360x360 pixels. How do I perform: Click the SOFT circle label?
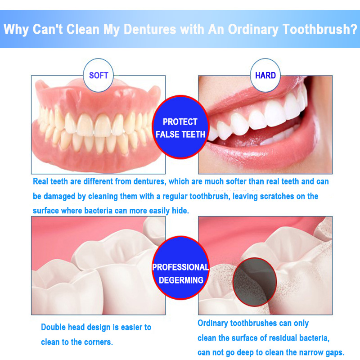click(x=98, y=75)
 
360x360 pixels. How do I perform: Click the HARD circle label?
click(x=265, y=75)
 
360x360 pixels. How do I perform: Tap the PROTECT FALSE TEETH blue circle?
click(x=180, y=127)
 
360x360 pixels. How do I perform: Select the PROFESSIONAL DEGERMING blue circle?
click(x=181, y=268)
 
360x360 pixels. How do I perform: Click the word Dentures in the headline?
click(x=150, y=29)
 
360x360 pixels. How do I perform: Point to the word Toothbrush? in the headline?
click(x=320, y=29)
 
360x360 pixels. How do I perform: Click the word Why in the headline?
click(x=16, y=30)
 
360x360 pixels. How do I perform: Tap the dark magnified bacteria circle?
click(x=254, y=282)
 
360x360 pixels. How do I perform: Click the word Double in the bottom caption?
click(x=51, y=327)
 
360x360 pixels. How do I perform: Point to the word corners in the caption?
click(x=98, y=342)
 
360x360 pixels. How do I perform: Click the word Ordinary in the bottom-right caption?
click(x=212, y=323)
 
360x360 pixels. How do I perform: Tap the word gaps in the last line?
click(x=335, y=352)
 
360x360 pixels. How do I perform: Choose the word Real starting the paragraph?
click(x=40, y=181)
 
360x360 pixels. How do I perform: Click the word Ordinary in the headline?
click(x=253, y=30)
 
